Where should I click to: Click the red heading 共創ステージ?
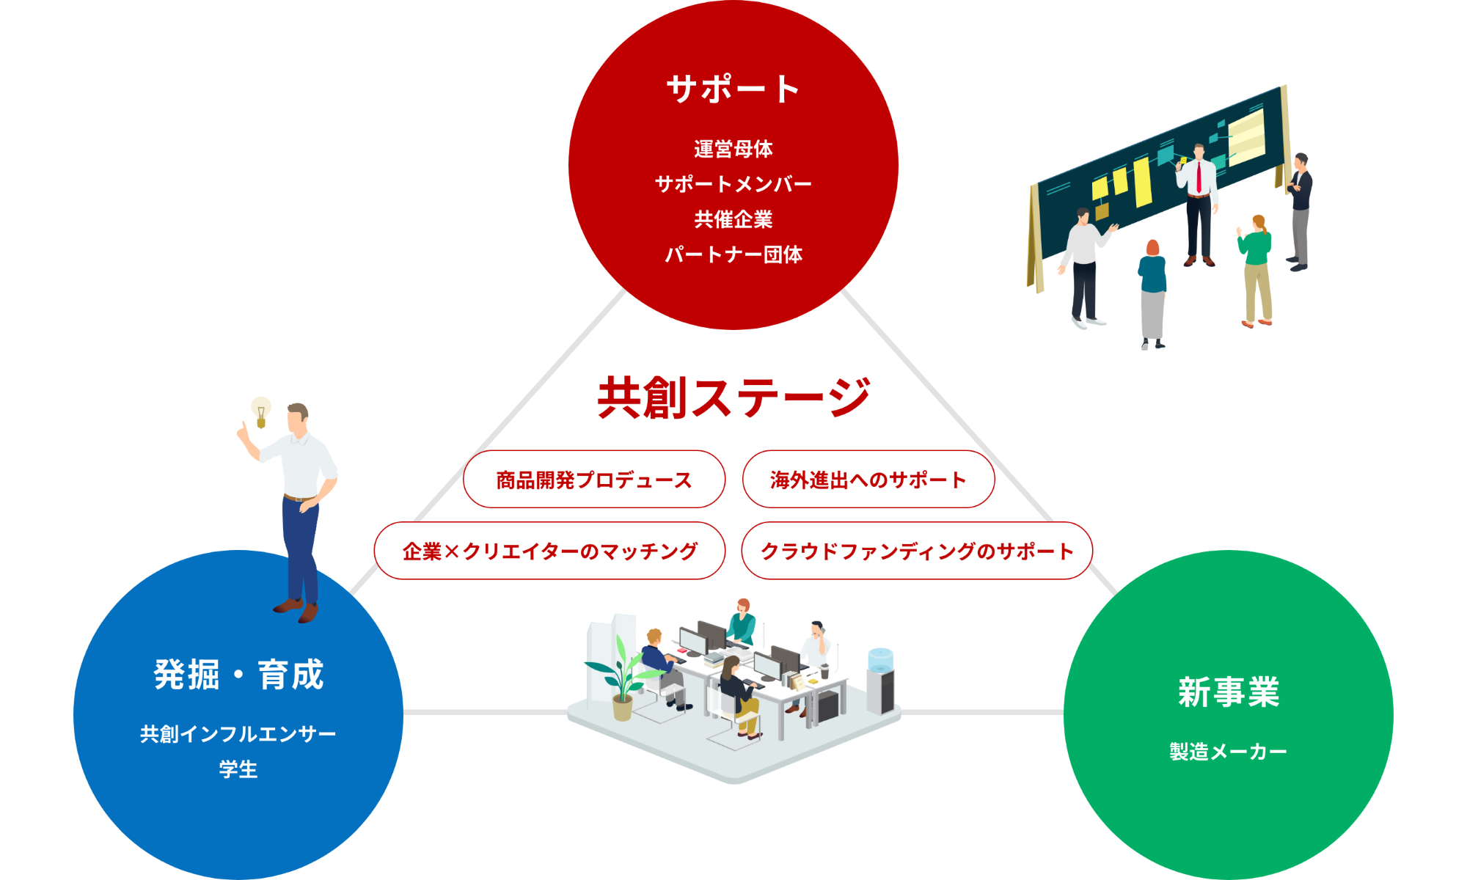pos(733,397)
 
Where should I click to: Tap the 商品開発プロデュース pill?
pos(594,479)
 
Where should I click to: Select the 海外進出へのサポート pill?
pos(868,479)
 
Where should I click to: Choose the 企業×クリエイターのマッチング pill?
pos(549,551)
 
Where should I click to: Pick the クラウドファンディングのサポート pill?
pos(917,551)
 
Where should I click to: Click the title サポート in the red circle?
pos(733,89)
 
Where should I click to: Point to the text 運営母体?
pos(733,149)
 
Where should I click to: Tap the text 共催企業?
pos(733,219)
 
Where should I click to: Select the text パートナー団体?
pos(733,254)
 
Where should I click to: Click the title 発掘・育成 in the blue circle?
pos(238,674)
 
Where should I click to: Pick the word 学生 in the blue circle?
pos(238,769)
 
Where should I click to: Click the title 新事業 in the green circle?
pos(1229,692)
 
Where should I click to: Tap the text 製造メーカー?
pos(1229,752)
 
